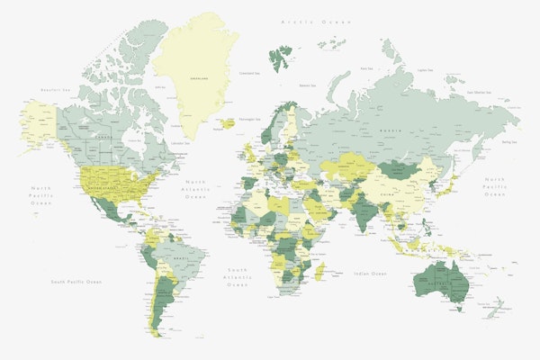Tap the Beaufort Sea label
tap(56, 90)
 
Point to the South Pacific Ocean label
tap(76, 283)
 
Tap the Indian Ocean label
tap(370, 273)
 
